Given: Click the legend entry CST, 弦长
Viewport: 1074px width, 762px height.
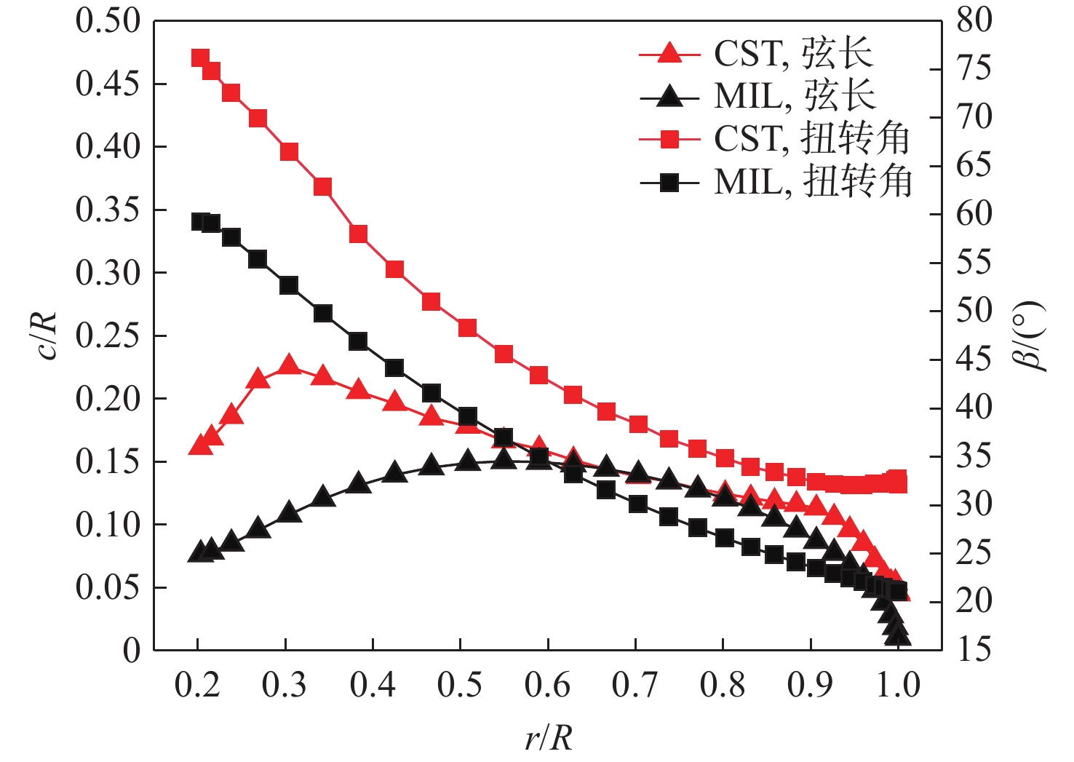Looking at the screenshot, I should point(757,53).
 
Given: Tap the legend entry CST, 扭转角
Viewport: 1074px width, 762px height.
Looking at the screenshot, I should point(775,138).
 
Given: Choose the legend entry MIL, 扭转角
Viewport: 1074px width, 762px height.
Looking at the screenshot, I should point(776,181).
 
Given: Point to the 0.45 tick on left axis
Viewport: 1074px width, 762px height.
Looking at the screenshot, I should point(108,84).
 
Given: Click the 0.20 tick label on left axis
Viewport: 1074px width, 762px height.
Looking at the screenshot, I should point(108,399).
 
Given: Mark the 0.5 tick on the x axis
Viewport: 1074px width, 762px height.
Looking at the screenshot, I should point(460,685).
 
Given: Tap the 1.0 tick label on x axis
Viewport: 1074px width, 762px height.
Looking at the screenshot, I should point(898,685).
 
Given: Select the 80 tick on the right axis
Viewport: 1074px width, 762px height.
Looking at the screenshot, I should point(974,20).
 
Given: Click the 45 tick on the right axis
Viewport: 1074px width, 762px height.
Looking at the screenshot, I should point(974,359).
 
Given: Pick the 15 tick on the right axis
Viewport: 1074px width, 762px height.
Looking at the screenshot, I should point(974,649).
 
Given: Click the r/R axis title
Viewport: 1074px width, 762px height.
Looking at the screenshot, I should point(549,738).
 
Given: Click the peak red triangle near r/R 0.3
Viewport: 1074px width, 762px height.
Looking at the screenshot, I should point(290,365).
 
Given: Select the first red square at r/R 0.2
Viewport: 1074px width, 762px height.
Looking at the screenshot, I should point(200,58).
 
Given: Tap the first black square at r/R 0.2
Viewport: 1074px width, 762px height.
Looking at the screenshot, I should point(200,222).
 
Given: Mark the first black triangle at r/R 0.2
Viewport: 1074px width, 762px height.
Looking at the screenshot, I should point(200,552).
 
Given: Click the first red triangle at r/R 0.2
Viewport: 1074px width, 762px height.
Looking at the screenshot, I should point(200,445).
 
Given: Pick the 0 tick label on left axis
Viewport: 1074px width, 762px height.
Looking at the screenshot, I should point(131,650).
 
